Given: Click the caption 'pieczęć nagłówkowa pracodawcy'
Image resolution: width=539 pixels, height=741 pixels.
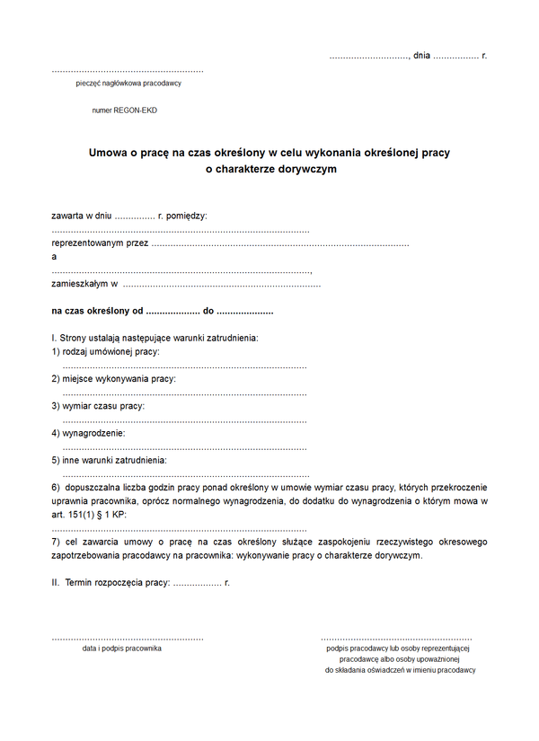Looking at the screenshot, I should pyautogui.click(x=129, y=84).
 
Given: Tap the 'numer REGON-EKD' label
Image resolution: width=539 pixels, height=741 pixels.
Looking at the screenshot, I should pyautogui.click(x=124, y=110).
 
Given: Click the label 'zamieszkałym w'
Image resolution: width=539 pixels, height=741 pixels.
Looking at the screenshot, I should pyautogui.click(x=85, y=284).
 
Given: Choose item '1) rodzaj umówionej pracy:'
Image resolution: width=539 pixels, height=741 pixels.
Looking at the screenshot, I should pyautogui.click(x=105, y=351).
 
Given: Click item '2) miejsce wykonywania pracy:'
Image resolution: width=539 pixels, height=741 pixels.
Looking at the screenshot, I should pyautogui.click(x=113, y=378).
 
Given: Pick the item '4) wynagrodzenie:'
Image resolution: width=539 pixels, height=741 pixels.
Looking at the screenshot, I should pyautogui.click(x=88, y=433).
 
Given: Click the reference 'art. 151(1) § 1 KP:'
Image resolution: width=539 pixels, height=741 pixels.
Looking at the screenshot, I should pyautogui.click(x=90, y=515).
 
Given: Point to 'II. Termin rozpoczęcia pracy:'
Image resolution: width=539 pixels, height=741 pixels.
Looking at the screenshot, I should pyautogui.click(x=110, y=582).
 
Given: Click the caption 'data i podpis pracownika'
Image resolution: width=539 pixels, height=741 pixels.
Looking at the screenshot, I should pyautogui.click(x=122, y=648).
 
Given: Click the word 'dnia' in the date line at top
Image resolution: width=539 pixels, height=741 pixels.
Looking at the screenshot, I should pyautogui.click(x=421, y=56).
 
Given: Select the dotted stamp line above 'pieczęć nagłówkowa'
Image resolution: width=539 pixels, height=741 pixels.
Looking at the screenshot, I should pyautogui.click(x=128, y=70).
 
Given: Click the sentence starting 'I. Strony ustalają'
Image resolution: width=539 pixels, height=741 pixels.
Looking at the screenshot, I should pyautogui.click(x=155, y=338).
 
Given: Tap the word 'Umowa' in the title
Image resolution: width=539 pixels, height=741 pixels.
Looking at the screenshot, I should pyautogui.click(x=107, y=153).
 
